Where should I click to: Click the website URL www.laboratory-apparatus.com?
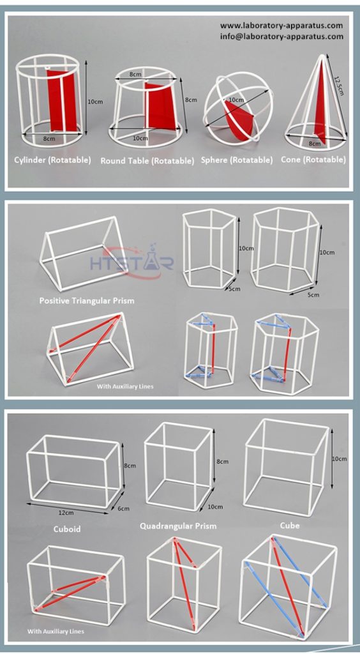coord(281,26)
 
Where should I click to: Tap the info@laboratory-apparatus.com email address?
coord(281,36)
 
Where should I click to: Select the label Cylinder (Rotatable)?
coord(52,160)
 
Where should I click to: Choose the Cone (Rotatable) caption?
coord(313,160)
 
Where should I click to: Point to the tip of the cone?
coord(317,55)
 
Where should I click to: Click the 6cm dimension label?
coord(124,508)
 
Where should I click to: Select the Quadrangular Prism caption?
coord(178,526)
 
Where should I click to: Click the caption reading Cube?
coord(290,526)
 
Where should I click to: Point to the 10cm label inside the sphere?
coord(236,100)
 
